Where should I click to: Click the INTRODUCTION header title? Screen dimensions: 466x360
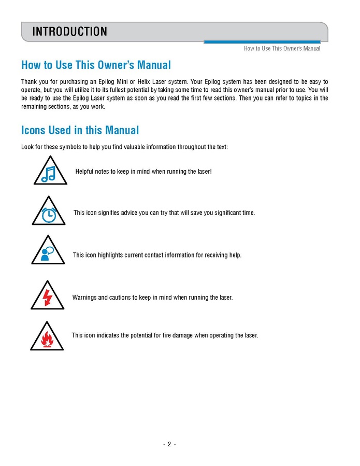69,32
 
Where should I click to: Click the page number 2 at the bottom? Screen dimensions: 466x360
169,444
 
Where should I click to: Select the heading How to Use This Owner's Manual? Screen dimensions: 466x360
96,65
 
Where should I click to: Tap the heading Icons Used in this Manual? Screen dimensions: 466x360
80,130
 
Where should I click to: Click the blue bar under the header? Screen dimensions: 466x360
262,42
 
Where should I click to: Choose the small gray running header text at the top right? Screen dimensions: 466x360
282,49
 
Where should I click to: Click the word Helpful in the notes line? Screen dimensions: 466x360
86,171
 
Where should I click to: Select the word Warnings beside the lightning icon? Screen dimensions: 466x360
84,298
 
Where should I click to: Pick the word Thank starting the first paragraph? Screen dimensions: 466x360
29,82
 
